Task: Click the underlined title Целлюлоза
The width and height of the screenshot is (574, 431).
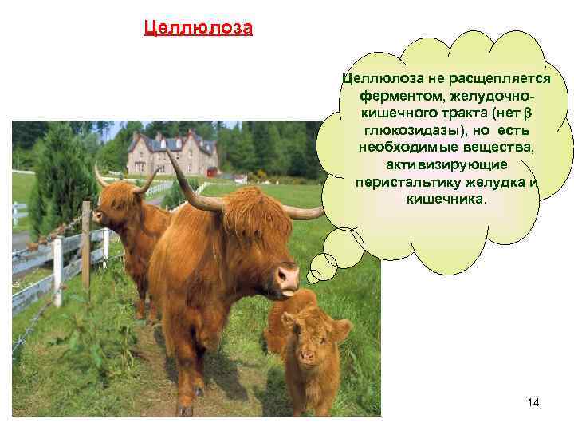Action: tap(198, 30)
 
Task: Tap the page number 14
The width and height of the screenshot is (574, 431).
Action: tap(533, 402)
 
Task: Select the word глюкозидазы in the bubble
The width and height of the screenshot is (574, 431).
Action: tap(407, 129)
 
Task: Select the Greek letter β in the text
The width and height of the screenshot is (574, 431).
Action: tap(529, 113)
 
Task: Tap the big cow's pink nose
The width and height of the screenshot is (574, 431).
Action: tap(286, 276)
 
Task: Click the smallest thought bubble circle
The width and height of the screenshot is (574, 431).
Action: tap(313, 276)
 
